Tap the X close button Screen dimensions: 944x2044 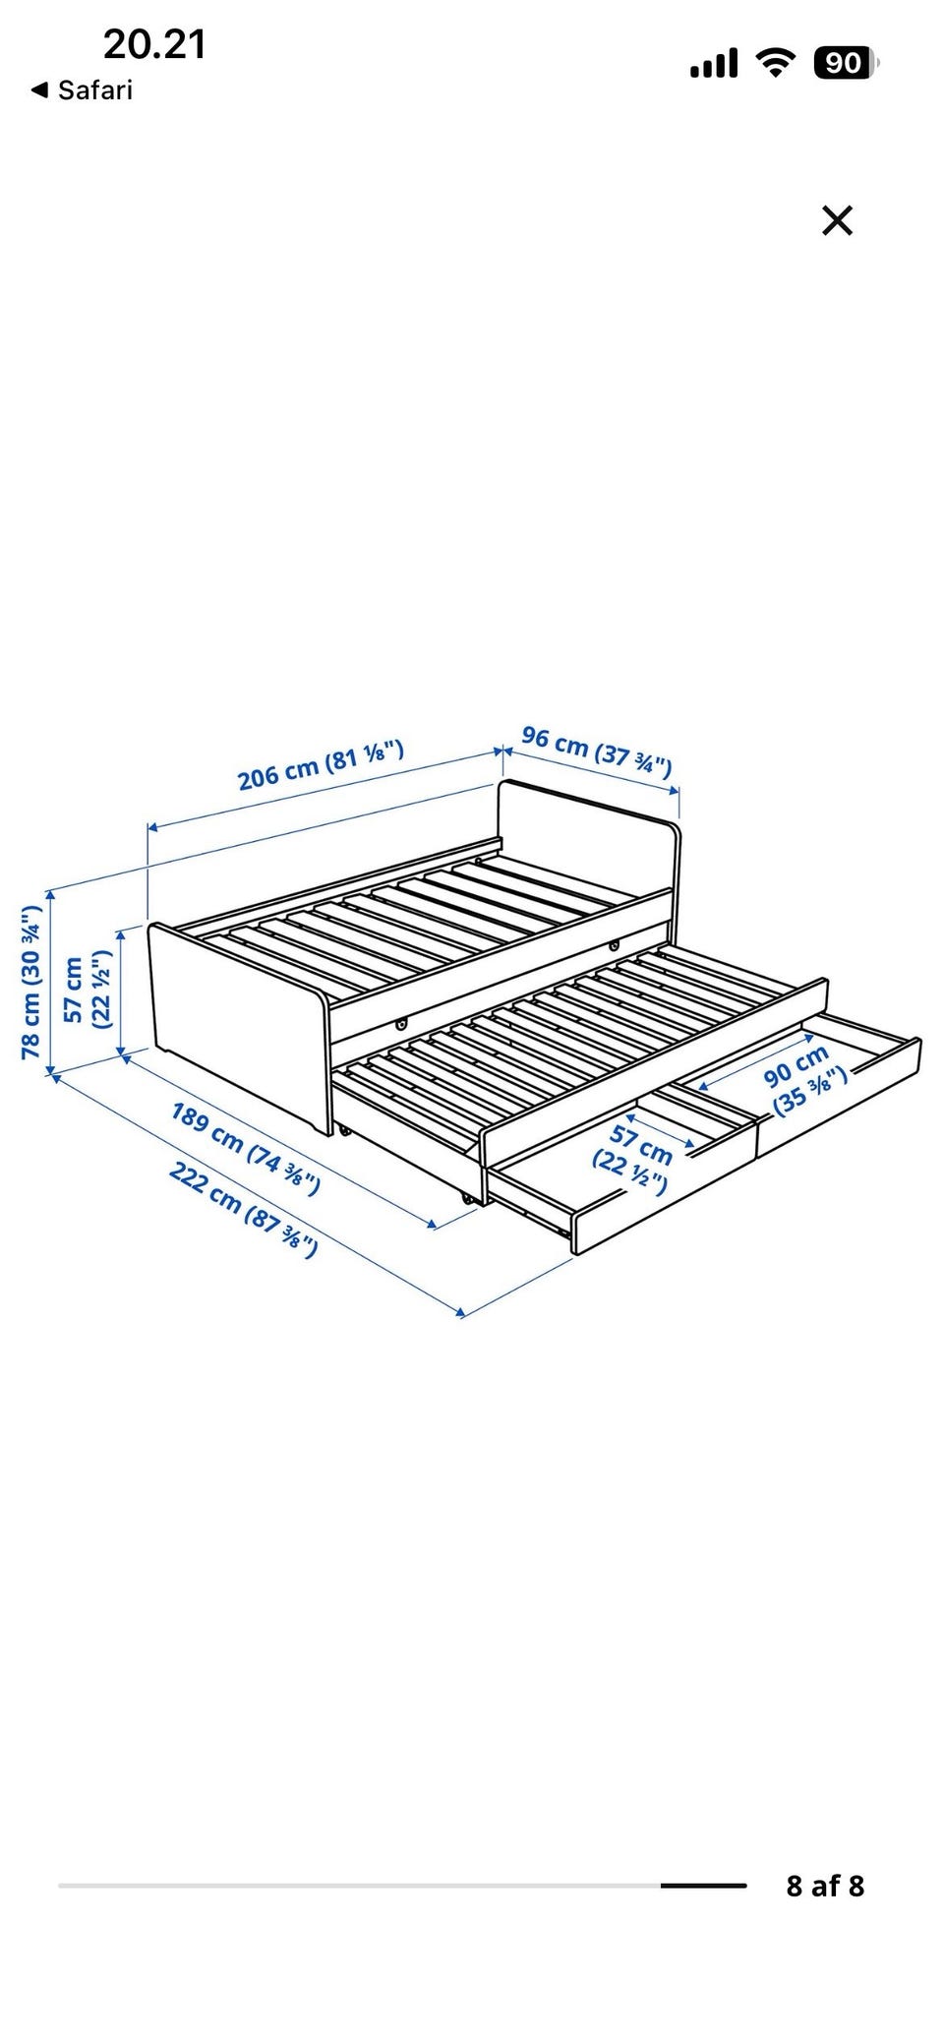click(837, 220)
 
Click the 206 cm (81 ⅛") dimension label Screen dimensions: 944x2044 click(321, 764)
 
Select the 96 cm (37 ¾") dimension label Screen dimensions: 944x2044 click(597, 751)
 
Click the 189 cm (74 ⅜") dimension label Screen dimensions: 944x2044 click(245, 1148)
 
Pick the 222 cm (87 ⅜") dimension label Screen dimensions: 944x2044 click(243, 1209)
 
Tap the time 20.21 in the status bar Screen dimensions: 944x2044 click(154, 44)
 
